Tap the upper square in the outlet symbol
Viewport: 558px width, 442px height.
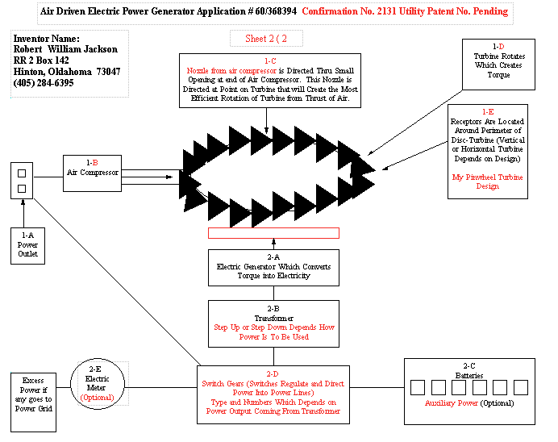pos(22,173)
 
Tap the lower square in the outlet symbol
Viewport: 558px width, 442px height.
pos(22,189)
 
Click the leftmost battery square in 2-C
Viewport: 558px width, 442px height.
pos(418,387)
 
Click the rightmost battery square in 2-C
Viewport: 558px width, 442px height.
pos(521,387)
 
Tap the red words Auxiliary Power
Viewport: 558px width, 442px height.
pos(452,403)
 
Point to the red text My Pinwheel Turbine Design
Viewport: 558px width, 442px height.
pos(488,181)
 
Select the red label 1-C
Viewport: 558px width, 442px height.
pos(270,60)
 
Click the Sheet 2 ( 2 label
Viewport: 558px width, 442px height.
pos(266,39)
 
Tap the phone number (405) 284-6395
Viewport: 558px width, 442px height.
pos(44,83)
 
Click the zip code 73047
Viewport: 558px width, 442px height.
pos(108,72)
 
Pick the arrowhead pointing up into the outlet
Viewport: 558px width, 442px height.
pos(23,202)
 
